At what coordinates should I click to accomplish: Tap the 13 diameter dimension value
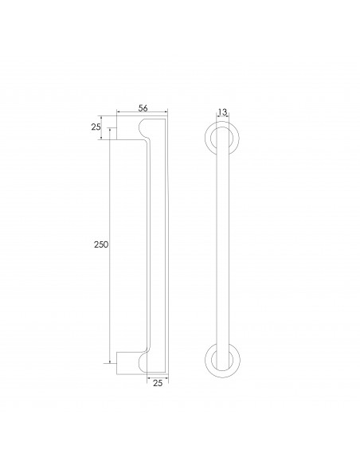point(221,112)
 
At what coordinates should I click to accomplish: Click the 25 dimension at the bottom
point(157,384)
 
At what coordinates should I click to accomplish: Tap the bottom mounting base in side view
point(127,362)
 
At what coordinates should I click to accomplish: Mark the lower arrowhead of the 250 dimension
point(110,359)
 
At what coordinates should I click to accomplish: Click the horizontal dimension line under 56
point(143,111)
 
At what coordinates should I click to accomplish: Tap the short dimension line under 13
point(221,119)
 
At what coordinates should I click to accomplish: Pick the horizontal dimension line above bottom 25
point(157,377)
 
